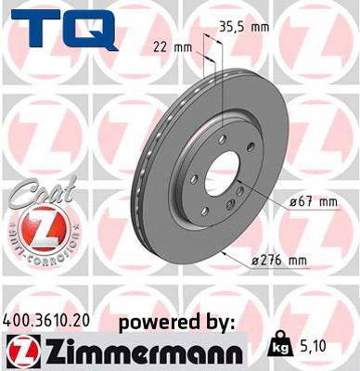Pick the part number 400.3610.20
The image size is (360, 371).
pyautogui.click(x=49, y=320)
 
